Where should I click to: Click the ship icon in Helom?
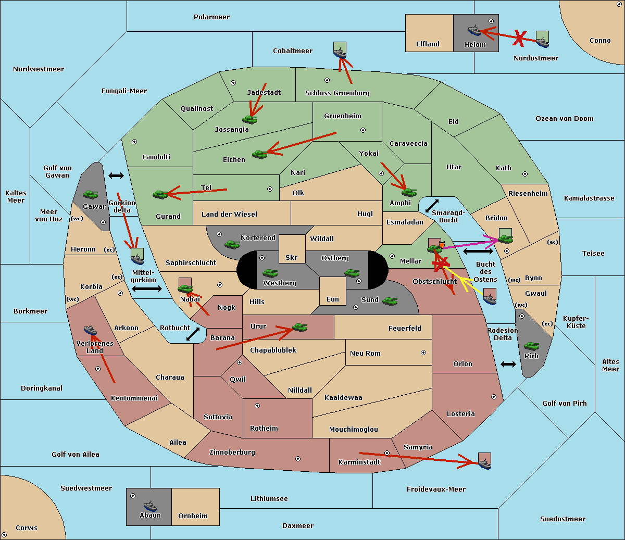point(474,30)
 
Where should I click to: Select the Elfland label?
point(428,44)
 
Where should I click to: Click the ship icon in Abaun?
point(150,506)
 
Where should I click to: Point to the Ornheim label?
point(193,516)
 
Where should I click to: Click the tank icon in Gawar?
point(91,195)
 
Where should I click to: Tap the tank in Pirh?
point(531,346)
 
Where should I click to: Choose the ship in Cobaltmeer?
point(340,53)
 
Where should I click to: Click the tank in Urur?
point(299,328)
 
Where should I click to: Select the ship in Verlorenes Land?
point(90,330)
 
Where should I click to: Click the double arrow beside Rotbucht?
point(193,334)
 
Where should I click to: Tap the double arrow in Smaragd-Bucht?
point(432,206)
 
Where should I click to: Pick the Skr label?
point(292,258)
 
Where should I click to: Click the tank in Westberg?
point(270,273)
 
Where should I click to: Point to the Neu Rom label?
point(365,354)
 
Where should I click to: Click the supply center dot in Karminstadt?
point(387,453)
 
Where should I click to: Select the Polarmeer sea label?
point(211,17)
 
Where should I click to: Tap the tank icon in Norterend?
point(232,244)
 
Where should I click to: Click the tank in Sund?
point(390,301)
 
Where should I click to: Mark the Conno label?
point(600,41)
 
